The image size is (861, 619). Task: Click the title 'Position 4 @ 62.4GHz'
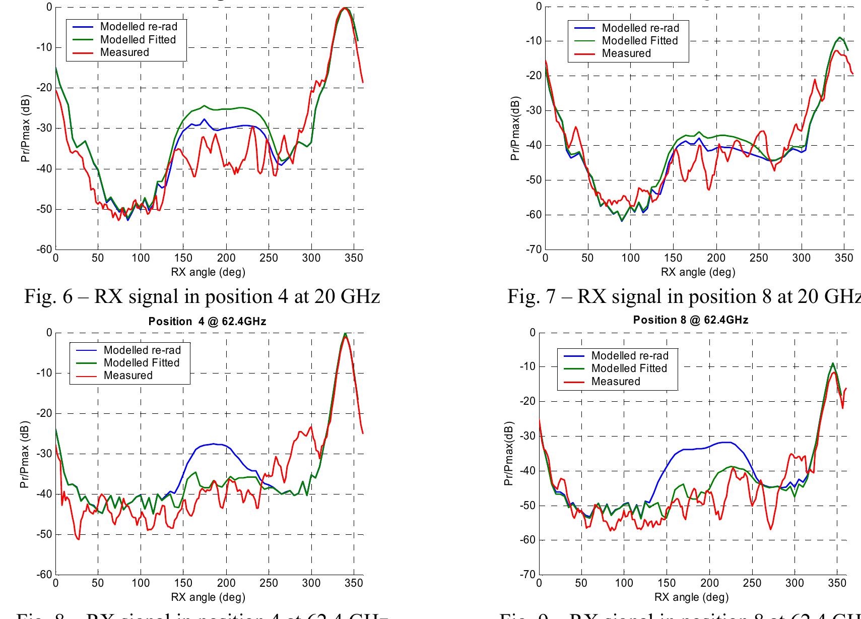[x=207, y=322]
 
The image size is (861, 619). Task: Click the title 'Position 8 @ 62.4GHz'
[x=690, y=320]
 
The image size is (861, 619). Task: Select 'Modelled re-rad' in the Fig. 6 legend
[x=139, y=26]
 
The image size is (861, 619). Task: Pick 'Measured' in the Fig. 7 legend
[x=626, y=53]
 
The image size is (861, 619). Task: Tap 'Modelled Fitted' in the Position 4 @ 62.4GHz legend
[x=141, y=363]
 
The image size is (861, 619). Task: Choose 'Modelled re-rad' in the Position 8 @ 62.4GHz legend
[x=630, y=355]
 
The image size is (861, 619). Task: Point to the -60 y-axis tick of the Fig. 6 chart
[x=45, y=250]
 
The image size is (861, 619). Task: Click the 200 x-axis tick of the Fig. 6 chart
[x=226, y=259]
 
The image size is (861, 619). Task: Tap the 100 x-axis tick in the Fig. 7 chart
[x=630, y=259]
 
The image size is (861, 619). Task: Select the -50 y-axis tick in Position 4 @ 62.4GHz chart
[x=45, y=534]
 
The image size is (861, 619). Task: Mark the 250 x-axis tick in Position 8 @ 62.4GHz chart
[x=752, y=584]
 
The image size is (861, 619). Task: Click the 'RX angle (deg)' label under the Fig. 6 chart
[x=208, y=272]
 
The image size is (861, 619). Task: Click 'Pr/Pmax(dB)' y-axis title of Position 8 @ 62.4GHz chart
[x=509, y=454]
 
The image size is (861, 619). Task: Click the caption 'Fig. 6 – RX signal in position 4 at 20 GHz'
[x=202, y=296]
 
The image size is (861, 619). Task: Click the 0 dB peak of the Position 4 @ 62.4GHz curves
[x=345, y=334]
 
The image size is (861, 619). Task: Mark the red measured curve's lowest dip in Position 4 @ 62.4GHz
[x=78, y=539]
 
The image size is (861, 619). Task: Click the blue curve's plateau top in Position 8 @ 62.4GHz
[x=725, y=442]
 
